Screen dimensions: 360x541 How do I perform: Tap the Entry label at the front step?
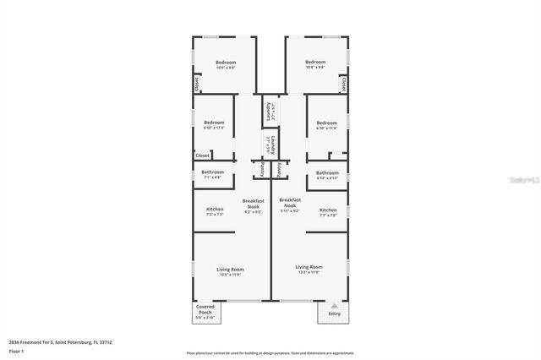pos(334,314)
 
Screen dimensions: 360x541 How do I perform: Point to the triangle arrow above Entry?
pos(334,305)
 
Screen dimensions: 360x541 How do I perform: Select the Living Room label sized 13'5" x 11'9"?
pos(231,271)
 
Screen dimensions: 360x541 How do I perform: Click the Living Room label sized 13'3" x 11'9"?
pos(309,271)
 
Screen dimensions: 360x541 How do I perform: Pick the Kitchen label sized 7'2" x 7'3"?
pos(215,211)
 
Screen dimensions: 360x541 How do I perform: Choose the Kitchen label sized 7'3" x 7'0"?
pos(328,211)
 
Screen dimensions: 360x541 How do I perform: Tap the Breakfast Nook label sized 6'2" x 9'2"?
pos(254,206)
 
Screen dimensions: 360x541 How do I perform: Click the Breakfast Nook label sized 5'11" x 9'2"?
pos(290,206)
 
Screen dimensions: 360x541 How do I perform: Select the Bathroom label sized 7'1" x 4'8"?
pos(212,175)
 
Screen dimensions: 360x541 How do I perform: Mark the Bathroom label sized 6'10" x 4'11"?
pos(327,175)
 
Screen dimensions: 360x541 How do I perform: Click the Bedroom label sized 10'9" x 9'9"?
pos(225,64)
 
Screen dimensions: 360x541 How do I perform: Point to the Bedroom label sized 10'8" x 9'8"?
pos(315,64)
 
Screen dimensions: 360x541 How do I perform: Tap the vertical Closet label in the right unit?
pos(344,85)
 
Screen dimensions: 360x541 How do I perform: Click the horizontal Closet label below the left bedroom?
pos(203,155)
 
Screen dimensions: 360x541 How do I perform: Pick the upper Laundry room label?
pos(270,111)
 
